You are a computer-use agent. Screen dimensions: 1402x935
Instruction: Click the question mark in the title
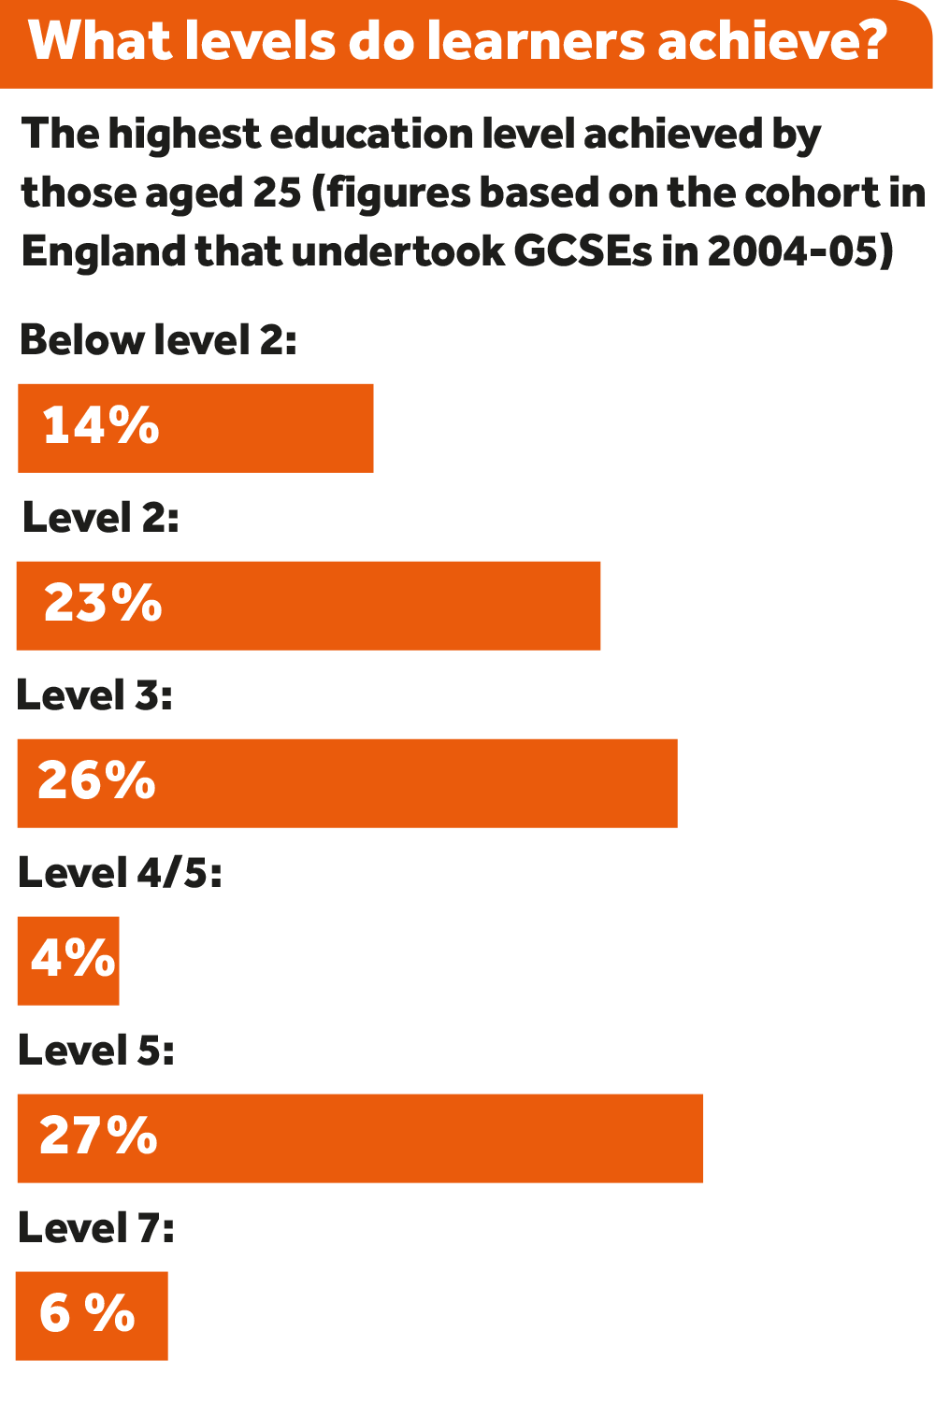[x=870, y=41]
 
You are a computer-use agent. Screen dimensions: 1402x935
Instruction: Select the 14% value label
[x=101, y=425]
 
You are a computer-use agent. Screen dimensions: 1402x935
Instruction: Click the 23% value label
[x=103, y=603]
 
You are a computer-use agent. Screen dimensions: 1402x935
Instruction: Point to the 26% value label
[x=96, y=780]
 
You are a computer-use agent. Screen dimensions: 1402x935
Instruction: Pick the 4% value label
[x=73, y=958]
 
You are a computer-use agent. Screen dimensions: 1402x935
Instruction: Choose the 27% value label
[x=98, y=1136]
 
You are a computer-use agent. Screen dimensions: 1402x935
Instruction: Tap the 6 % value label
[x=87, y=1313]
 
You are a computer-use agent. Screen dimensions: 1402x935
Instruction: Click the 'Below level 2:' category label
[x=158, y=340]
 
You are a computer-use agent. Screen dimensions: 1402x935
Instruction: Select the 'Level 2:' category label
[x=100, y=518]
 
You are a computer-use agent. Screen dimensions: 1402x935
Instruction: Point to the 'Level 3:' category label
[x=94, y=695]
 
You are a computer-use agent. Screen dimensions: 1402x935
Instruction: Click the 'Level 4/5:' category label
[x=120, y=873]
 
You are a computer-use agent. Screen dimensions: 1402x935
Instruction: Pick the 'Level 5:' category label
[x=95, y=1051]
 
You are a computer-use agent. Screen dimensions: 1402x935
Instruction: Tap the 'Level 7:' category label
[x=95, y=1228]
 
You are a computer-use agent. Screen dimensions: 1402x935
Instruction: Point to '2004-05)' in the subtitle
[x=800, y=250]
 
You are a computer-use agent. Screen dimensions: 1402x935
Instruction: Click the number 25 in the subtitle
[x=277, y=193]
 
